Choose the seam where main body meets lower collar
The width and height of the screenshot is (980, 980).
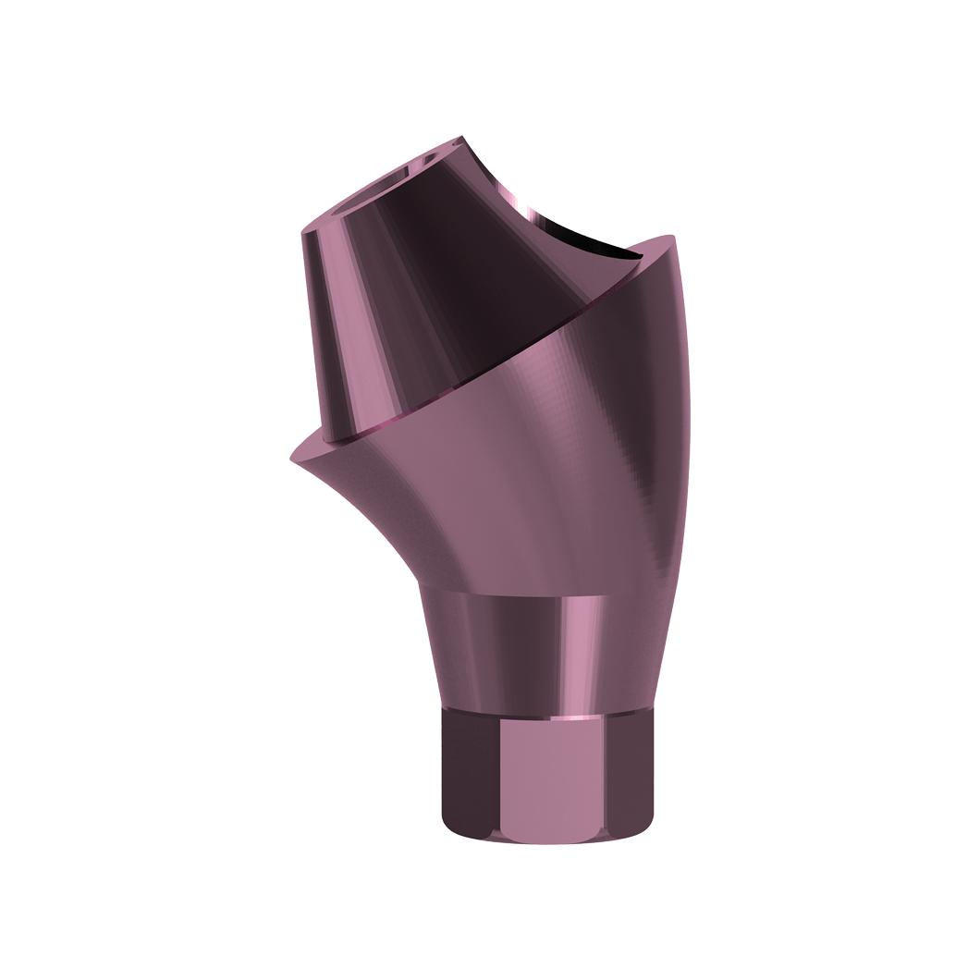[518, 592]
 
